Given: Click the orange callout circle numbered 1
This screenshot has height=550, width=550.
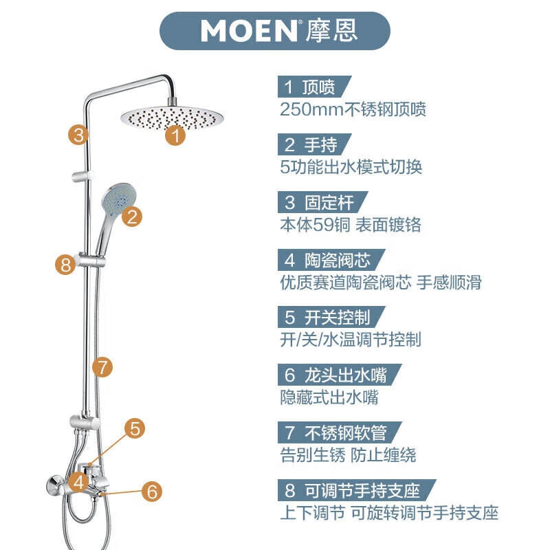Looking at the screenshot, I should pos(176,135).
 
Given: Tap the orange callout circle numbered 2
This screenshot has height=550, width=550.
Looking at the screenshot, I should pos(132,217).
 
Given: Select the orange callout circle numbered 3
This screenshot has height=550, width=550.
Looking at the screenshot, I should pos(80,134).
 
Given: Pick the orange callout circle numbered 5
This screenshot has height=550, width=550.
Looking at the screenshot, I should pos(135,428).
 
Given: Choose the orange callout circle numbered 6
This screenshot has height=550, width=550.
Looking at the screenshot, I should pos(153,492).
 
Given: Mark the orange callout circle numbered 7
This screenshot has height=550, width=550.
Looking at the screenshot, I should pos(102,367).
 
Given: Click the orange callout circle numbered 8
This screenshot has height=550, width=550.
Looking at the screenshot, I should pos(65,265).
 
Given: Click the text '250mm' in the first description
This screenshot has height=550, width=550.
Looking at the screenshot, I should pos(307,109).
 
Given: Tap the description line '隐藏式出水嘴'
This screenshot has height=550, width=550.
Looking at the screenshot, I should pos(329,397).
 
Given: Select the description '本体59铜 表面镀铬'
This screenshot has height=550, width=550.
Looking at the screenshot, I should pos(350,225).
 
